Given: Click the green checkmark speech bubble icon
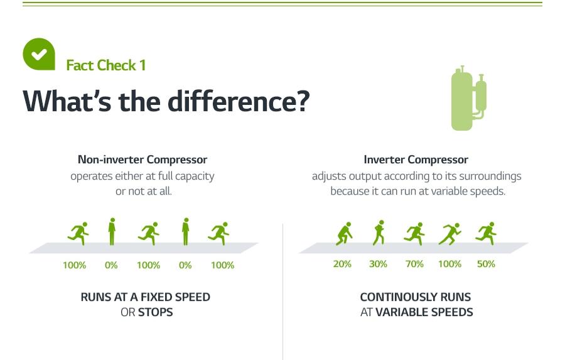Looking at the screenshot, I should [39, 54].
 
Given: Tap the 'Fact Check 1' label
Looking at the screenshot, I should [105, 65].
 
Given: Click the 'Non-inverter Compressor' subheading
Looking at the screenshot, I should [143, 160].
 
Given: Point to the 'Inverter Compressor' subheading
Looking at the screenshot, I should [416, 160].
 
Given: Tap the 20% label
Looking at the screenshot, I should [342, 264].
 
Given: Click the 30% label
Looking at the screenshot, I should [378, 264].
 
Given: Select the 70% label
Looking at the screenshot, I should [414, 264].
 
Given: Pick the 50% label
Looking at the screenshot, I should [486, 264].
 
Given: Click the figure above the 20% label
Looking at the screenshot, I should [343, 234].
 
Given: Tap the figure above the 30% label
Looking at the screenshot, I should [379, 233].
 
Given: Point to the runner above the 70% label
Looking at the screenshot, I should [414, 234].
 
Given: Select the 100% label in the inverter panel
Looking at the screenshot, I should [449, 264].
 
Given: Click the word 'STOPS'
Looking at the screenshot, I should [155, 312].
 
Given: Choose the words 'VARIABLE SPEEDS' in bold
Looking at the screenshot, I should [424, 312].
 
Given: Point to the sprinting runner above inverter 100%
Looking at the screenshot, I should [449, 234].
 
